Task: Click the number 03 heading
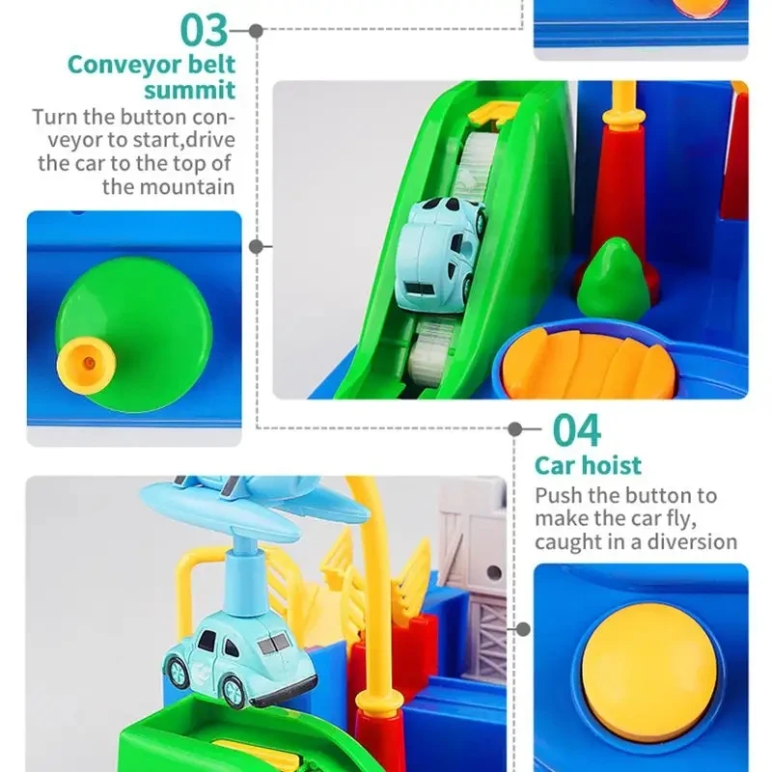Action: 205,31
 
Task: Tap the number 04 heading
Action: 576,429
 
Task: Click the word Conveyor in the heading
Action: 123,65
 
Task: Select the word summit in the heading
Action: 189,90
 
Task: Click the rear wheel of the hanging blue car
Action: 176,670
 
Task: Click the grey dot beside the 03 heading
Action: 256,31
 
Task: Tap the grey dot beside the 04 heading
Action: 514,429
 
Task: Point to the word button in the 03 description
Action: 154,117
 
